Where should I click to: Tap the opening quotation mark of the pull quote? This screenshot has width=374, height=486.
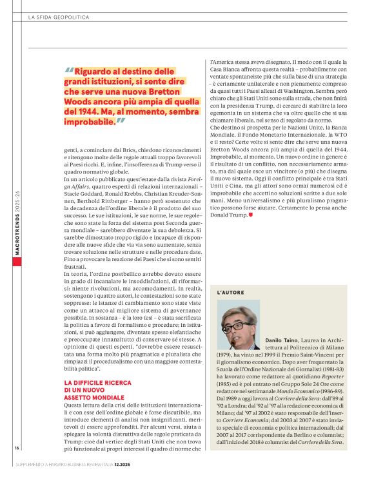pos(69,71)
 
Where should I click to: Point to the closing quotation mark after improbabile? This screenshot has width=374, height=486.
pos(121,120)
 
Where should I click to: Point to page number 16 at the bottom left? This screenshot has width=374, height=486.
pos(17,465)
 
